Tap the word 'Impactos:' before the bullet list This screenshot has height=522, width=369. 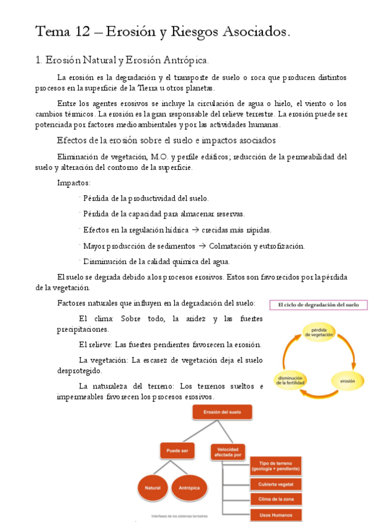coord(73,183)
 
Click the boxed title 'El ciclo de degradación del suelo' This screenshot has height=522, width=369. coord(318,305)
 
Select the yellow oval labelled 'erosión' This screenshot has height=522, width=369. coord(347,381)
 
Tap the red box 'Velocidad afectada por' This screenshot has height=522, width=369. coord(227,451)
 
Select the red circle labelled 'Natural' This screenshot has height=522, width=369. coord(153,488)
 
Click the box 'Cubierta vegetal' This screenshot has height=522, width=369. coord(275,484)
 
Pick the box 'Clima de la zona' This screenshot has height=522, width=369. coord(275,499)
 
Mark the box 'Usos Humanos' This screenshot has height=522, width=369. coord(275,515)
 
